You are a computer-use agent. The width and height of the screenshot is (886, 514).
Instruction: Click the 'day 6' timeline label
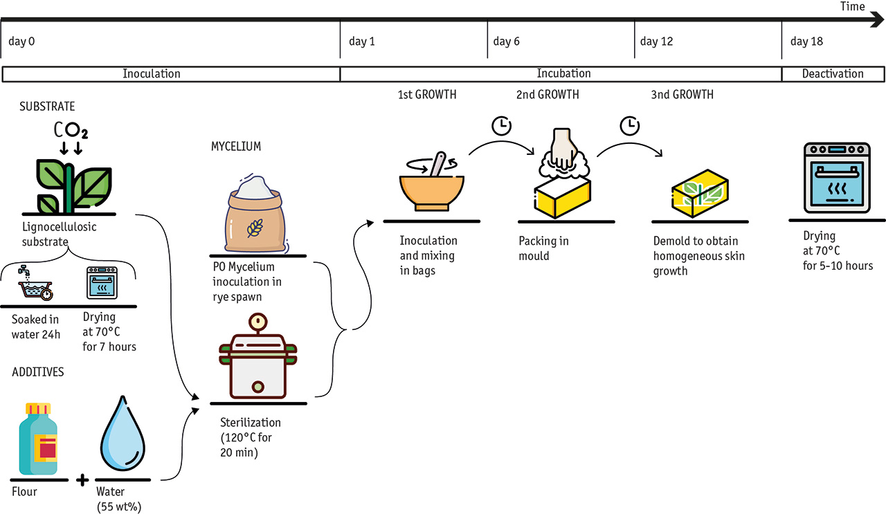(506, 42)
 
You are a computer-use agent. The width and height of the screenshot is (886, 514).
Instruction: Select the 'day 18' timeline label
(806, 42)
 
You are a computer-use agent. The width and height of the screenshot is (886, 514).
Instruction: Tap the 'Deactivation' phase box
(833, 73)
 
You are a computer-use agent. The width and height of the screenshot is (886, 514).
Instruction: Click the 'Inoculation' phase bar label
(152, 73)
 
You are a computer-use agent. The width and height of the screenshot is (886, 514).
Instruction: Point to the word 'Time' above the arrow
(852, 7)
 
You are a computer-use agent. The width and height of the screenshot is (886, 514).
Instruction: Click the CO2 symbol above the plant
(71, 130)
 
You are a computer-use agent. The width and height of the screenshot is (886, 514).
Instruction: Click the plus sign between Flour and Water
(82, 479)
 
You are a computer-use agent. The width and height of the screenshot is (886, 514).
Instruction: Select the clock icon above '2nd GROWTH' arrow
(501, 125)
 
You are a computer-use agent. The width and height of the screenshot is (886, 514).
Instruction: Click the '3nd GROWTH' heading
(682, 94)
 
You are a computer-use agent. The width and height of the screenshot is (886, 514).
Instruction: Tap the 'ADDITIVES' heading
(38, 372)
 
